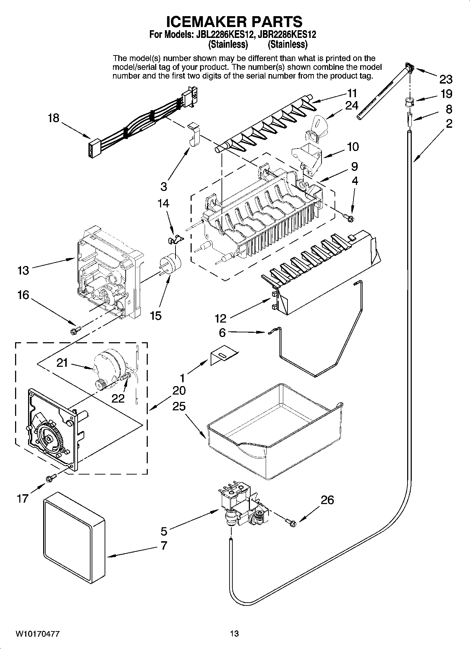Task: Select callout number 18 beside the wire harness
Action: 53,118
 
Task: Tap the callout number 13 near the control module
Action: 24,270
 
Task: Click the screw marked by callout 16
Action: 75,330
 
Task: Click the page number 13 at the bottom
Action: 234,634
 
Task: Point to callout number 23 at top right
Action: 446,80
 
